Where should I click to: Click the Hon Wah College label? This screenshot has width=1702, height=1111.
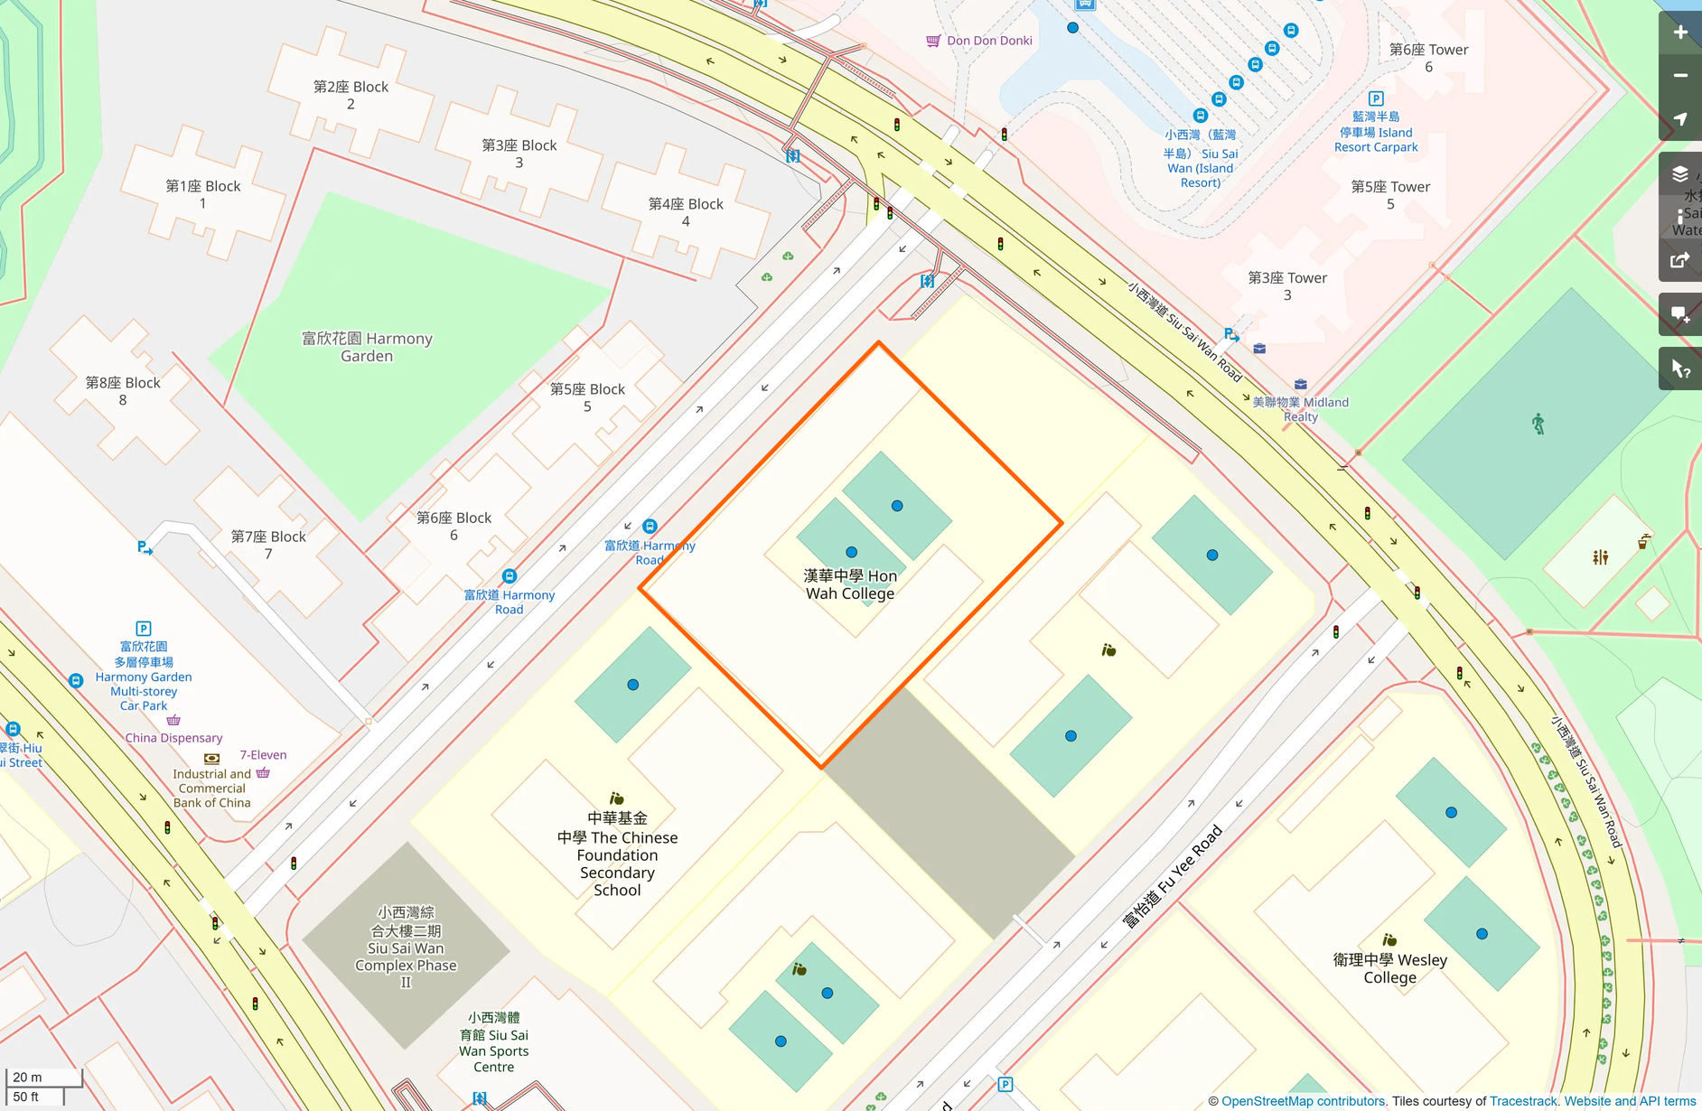pyautogui.click(x=850, y=584)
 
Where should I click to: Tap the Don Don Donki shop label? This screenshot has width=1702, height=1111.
pyautogui.click(x=988, y=41)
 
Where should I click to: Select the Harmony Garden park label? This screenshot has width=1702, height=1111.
pyautogui.click(x=367, y=347)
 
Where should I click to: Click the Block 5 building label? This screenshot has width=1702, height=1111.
pyautogui.click(x=587, y=397)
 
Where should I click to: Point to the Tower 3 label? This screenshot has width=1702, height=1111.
pyautogui.click(x=1287, y=286)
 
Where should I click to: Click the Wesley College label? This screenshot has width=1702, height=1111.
pyautogui.click(x=1389, y=968)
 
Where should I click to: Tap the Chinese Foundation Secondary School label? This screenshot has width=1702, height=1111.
pyautogui.click(x=617, y=854)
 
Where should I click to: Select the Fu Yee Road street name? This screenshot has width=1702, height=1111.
pyautogui.click(x=1172, y=876)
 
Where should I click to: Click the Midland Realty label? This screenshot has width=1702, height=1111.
pyautogui.click(x=1301, y=409)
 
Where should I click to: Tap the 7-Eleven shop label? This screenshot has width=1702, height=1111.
pyautogui.click(x=263, y=755)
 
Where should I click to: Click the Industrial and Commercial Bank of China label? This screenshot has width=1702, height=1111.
pyautogui.click(x=211, y=788)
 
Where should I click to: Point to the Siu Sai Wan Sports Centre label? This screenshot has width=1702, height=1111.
pyautogui.click(x=493, y=1042)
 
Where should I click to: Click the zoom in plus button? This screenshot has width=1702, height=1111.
pyautogui.click(x=1680, y=33)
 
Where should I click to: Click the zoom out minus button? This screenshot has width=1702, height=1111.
pyautogui.click(x=1680, y=76)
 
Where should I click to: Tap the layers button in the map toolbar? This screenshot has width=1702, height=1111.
pyautogui.click(x=1680, y=173)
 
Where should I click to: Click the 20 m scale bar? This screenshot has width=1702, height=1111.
pyautogui.click(x=43, y=1077)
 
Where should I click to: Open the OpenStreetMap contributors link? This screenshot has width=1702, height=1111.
pyautogui.click(x=1303, y=1101)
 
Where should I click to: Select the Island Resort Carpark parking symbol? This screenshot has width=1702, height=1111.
pyautogui.click(x=1376, y=98)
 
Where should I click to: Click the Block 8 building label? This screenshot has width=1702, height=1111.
pyautogui.click(x=123, y=391)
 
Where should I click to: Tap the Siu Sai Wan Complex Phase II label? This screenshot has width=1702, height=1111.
pyautogui.click(x=406, y=947)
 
